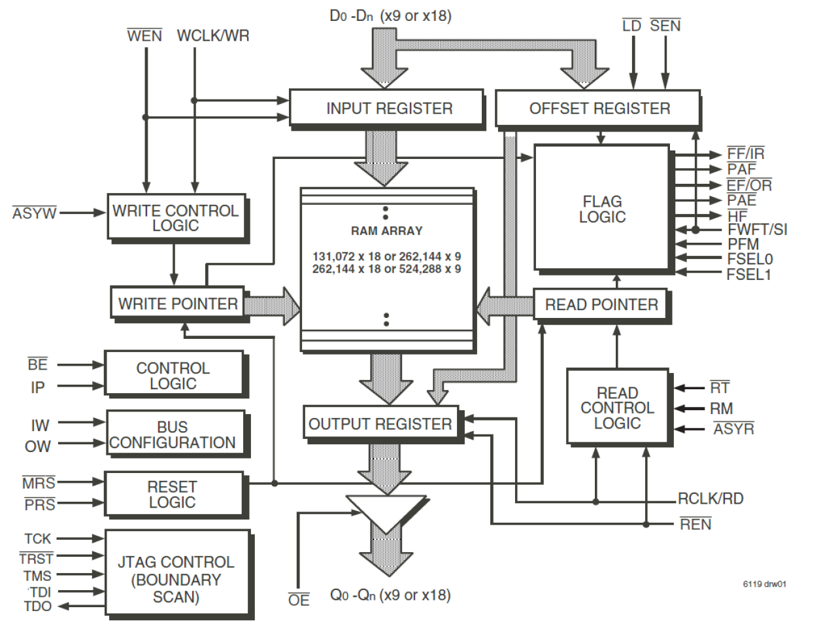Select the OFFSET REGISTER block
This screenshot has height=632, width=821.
pos(597,108)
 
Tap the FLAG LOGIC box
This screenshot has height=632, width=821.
pos(602,209)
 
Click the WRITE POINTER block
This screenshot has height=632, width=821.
pos(177,304)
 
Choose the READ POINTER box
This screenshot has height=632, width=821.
pos(600,305)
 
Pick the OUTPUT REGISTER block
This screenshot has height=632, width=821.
pos(380,424)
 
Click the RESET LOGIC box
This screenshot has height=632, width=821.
pos(173,495)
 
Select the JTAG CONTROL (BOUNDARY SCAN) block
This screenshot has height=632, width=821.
pos(176,578)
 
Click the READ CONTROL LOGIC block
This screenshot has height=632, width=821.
pos(617,408)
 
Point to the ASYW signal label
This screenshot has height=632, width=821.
pos(35,213)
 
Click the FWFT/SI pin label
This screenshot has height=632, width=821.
pos(757,230)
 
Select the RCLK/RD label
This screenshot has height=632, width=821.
pos(711,499)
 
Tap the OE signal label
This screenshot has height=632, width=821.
pos(299,600)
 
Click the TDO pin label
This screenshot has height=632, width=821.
pos(37,606)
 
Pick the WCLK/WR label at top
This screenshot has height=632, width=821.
pos(213,36)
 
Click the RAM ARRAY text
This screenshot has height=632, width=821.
pos(386,231)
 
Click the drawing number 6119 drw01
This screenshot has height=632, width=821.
pos(764,584)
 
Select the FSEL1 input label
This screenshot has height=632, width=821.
pos(749,275)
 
